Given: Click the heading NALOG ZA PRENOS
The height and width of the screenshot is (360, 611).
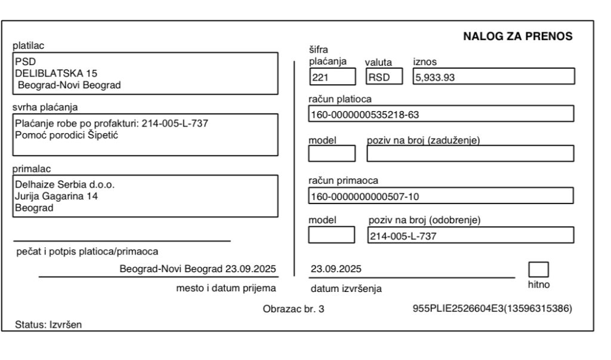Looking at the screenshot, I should click(x=517, y=37).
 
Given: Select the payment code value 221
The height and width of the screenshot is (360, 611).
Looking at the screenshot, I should click(x=332, y=76).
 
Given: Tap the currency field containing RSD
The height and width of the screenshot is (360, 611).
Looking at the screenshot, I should click(x=384, y=76).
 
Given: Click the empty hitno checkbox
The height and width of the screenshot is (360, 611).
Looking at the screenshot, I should click(x=539, y=269).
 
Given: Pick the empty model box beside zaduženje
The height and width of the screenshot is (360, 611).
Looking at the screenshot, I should click(x=332, y=154).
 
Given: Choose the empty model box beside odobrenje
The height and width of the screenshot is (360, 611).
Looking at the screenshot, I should click(x=332, y=235).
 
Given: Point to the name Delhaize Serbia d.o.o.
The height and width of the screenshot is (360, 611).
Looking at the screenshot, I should click(x=64, y=184).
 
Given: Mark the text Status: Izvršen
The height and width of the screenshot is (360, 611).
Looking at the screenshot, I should click(x=49, y=325).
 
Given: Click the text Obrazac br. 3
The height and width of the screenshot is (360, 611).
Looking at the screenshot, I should click(x=294, y=309).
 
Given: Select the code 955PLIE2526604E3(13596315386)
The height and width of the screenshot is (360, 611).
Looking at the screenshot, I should click(x=492, y=309).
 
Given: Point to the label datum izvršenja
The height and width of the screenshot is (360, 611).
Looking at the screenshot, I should click(x=347, y=290).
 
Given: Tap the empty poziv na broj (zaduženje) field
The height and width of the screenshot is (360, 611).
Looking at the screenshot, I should click(x=470, y=154).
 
